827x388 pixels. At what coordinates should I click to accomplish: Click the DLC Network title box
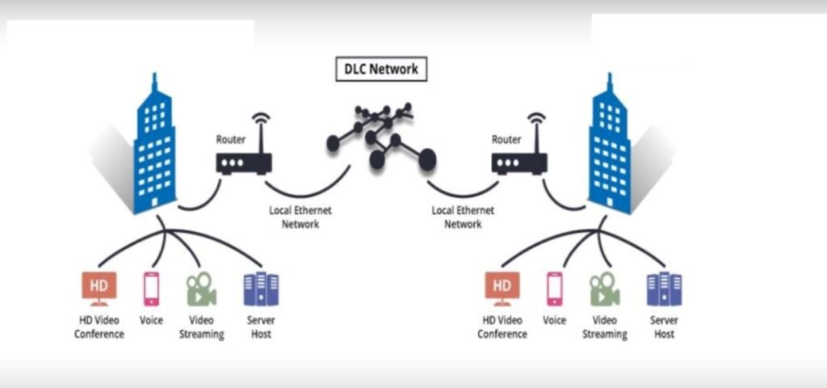tap(380, 70)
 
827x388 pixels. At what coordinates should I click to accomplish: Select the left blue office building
tap(153, 150)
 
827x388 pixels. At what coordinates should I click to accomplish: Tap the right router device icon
tap(519, 162)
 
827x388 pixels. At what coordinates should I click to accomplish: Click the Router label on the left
tap(230, 139)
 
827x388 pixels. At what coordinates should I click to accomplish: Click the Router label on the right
tap(506, 139)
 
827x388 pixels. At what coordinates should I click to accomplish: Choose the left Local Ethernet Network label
tap(300, 217)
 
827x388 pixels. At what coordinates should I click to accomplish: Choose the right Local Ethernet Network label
tap(463, 217)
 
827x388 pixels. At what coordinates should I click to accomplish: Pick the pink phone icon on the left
tap(151, 289)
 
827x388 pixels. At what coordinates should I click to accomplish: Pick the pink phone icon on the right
tap(554, 289)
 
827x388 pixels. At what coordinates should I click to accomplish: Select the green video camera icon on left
tap(201, 289)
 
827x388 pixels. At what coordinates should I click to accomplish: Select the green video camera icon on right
tap(604, 289)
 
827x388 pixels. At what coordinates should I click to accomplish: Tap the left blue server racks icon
tap(261, 289)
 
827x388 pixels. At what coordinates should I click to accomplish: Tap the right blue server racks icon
tap(664, 289)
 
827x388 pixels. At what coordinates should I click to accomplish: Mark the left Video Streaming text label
tap(201, 327)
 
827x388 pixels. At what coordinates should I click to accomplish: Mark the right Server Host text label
tap(664, 327)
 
